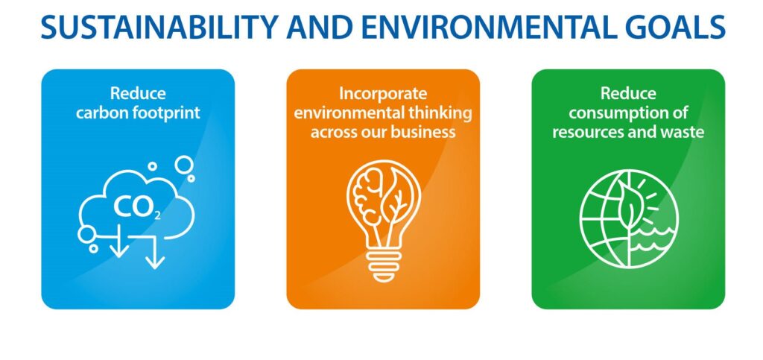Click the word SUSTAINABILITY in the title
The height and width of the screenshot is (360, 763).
pos(159,28)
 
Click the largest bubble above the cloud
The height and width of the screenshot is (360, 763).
pos(185,165)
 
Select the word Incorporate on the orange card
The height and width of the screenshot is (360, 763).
pos(383,93)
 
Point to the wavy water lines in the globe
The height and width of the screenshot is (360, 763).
pos(653,236)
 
